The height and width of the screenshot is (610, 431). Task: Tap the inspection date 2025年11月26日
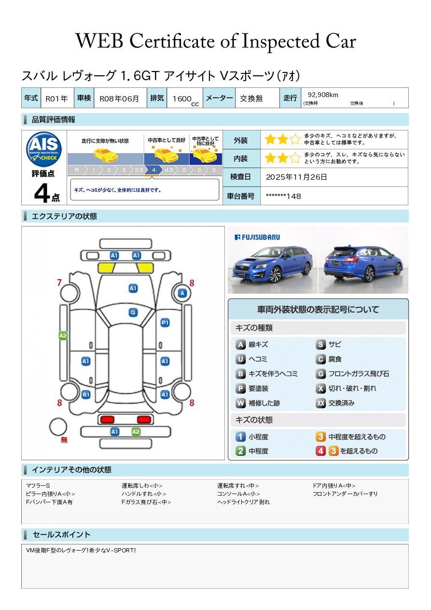(x=296, y=177)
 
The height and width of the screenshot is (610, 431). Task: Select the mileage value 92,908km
(x=323, y=95)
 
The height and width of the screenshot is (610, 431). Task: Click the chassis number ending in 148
(x=283, y=196)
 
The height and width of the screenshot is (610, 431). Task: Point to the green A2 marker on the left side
(x=63, y=336)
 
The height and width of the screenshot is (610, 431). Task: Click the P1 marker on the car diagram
(x=165, y=323)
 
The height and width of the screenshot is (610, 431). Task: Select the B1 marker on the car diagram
(x=86, y=395)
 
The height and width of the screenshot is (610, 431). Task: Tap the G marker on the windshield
(x=133, y=312)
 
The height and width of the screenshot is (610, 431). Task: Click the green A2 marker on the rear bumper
(x=136, y=432)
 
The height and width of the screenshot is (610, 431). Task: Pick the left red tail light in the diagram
(x=107, y=419)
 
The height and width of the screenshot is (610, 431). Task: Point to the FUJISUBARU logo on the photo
(x=257, y=237)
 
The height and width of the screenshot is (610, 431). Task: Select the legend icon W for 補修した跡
(x=240, y=403)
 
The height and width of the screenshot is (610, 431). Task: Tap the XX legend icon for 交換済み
(x=320, y=403)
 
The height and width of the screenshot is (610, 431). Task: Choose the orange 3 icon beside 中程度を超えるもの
(x=320, y=437)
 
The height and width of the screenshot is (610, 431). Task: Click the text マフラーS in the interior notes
(x=38, y=485)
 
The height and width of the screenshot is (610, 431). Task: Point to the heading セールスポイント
(x=61, y=535)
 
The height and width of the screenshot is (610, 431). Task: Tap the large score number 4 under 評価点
(x=42, y=194)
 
